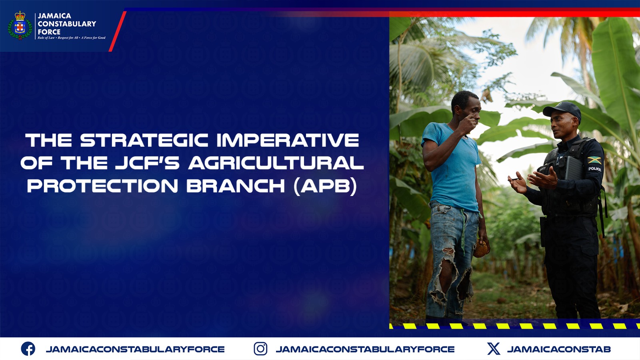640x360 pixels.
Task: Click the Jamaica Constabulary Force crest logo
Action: pos(20,26)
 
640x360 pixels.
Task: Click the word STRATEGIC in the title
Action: pos(144,140)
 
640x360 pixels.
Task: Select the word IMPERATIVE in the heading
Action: pos(288,140)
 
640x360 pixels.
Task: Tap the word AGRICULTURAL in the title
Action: pos(276,163)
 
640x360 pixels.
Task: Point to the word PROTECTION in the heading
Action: pos(102,186)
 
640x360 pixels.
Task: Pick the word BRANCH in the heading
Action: pos(236,186)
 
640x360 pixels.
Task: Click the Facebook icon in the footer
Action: pos(28,349)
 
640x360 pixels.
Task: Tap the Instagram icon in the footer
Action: pos(260,349)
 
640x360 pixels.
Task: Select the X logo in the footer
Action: pos(494,349)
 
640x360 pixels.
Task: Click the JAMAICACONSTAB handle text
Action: pos(558,349)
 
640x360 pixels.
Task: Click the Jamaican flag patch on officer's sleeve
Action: pos(594,160)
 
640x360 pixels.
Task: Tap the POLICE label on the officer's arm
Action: pos(595,169)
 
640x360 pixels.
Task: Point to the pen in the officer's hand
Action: pos(515,179)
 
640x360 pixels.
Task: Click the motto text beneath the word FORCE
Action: pos(72,38)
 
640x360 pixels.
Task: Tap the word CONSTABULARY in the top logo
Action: pos(67,24)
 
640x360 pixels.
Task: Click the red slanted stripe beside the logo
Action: pos(118,32)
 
